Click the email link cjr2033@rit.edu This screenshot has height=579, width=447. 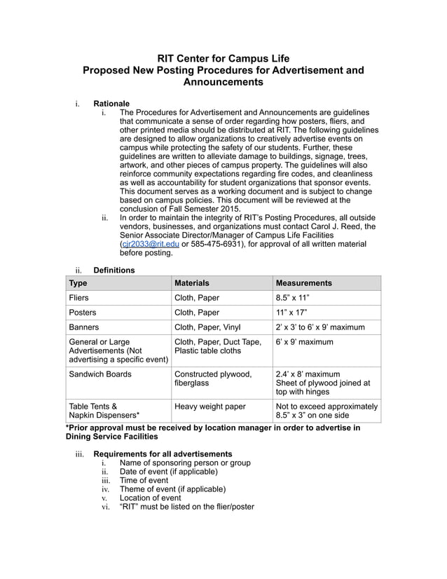tap(151, 244)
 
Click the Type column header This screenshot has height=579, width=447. tap(78, 283)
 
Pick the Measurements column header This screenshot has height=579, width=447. tap(303, 283)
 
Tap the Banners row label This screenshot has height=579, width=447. tap(83, 327)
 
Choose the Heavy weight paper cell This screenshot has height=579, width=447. tap(209, 406)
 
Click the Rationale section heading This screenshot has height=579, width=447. tap(111, 104)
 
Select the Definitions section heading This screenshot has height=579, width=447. tap(114, 269)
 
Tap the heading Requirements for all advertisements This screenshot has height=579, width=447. tap(163, 454)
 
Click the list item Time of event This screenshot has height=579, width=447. tap(144, 480)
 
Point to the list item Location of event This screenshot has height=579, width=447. tap(150, 498)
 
